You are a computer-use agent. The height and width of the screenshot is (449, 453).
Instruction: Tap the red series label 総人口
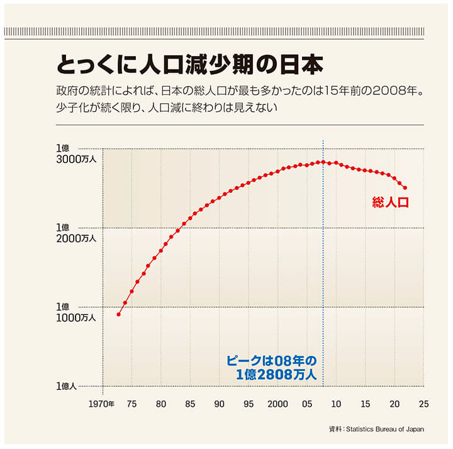coord(390,202)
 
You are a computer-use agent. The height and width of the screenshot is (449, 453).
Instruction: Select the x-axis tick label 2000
coord(277,404)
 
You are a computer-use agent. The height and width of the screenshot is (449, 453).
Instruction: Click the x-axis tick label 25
coord(423,404)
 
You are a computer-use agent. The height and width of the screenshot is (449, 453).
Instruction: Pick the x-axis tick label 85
coord(190,404)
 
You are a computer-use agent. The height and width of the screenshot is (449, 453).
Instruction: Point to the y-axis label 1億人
coord(67,386)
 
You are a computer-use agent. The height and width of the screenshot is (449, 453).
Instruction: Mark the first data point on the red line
coord(118,314)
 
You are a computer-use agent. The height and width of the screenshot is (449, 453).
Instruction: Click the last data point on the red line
coord(405,187)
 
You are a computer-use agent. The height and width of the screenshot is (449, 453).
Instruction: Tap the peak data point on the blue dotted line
coord(323,162)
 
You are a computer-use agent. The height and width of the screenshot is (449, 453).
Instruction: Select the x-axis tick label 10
coord(336,404)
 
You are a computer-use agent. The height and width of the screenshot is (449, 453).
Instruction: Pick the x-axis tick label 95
coord(249,404)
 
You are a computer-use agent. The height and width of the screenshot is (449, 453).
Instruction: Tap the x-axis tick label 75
coord(131,404)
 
